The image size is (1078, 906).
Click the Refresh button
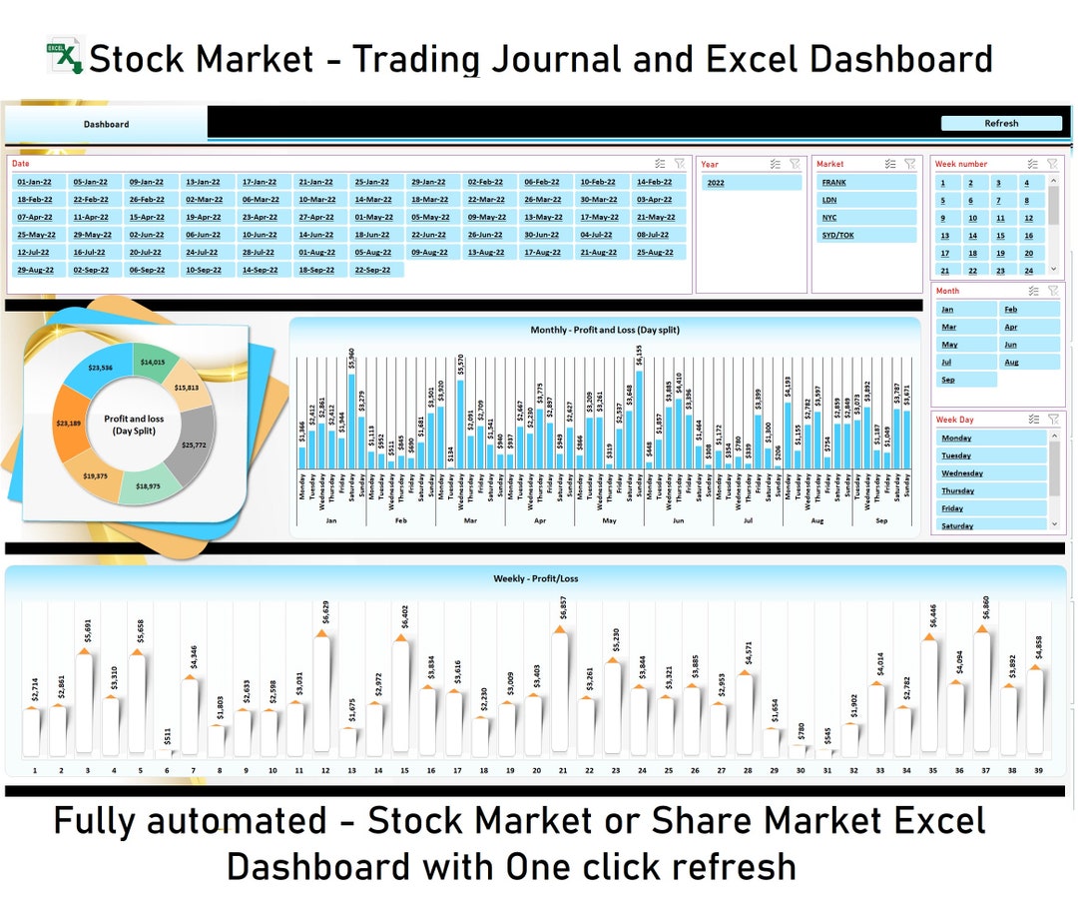tap(1001, 124)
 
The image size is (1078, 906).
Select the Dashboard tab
tap(106, 124)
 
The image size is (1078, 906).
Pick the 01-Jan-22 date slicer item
tap(35, 183)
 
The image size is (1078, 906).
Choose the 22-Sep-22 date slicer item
tap(372, 270)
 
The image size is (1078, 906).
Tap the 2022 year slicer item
tap(751, 183)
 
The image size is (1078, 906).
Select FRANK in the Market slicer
tap(864, 183)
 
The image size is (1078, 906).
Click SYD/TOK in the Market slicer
tap(864, 236)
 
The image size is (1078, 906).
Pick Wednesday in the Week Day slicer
tap(991, 473)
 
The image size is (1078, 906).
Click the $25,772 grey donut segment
tap(193, 444)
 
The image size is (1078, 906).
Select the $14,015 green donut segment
tap(153, 363)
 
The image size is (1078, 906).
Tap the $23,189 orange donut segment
tap(69, 424)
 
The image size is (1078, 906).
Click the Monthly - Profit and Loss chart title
tap(605, 329)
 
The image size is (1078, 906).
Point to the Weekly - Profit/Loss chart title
tap(535, 578)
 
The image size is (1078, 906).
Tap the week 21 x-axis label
tap(563, 770)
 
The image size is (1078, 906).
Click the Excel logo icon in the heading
tap(65, 56)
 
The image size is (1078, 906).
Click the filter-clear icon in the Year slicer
tap(795, 164)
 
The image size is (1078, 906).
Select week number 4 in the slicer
tap(1027, 183)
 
